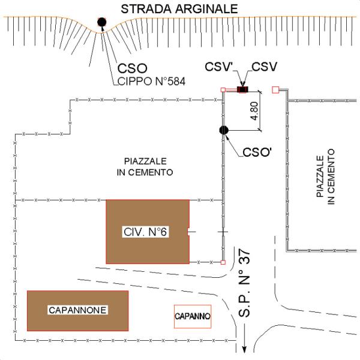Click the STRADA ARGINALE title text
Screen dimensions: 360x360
pyautogui.click(x=179, y=9)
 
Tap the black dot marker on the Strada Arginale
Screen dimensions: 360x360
pyautogui.click(x=102, y=22)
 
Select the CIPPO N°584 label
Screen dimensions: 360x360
pyautogui.click(x=151, y=81)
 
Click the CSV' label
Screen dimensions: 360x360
pyautogui.click(x=219, y=67)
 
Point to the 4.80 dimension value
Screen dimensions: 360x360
pyautogui.click(x=254, y=111)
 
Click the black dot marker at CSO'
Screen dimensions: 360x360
pyautogui.click(x=224, y=130)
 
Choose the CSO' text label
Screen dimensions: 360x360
pyautogui.click(x=257, y=152)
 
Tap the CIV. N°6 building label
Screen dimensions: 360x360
pyautogui.click(x=145, y=232)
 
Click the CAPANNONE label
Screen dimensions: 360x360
pyautogui.click(x=77, y=310)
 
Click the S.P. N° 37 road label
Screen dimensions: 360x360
pyautogui.click(x=244, y=283)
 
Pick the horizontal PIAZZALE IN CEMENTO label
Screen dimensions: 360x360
pyautogui.click(x=145, y=167)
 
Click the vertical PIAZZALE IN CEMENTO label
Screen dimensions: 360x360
pyautogui.click(x=326, y=176)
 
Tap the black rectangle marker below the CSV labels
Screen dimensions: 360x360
pyautogui.click(x=242, y=89)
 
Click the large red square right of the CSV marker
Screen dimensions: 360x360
pyautogui.click(x=275, y=90)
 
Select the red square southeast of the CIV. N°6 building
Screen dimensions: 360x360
pyautogui.click(x=223, y=262)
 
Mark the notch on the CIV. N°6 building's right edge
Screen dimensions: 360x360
pyautogui.click(x=188, y=232)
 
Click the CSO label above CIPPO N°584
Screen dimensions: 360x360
pyautogui.click(x=133, y=68)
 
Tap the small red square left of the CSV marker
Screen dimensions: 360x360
pyautogui.click(x=223, y=90)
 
